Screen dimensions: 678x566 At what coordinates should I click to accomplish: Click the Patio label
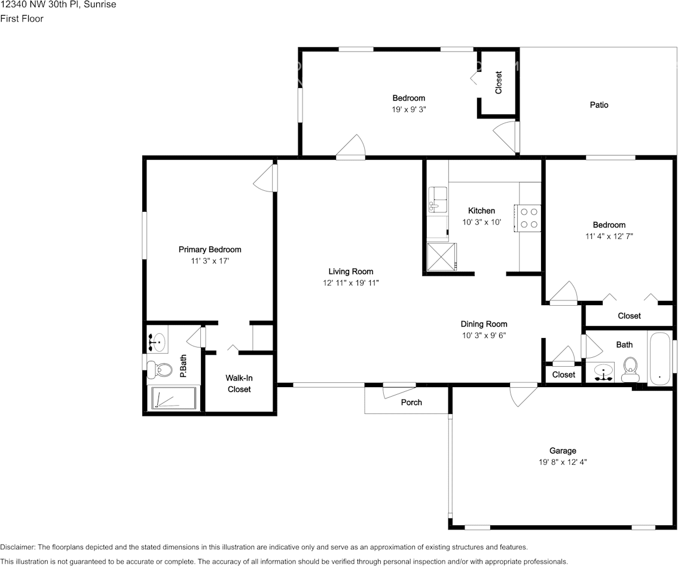pyautogui.click(x=599, y=105)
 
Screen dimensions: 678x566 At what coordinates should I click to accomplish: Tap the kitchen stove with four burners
pyautogui.click(x=527, y=218)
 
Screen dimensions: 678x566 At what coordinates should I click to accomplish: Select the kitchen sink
pyautogui.click(x=438, y=199)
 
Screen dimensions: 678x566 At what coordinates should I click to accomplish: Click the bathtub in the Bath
pyautogui.click(x=659, y=358)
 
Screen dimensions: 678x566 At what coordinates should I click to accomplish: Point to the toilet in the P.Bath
pyautogui.click(x=158, y=369)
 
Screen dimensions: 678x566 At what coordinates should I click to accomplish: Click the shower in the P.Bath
pyautogui.click(x=172, y=398)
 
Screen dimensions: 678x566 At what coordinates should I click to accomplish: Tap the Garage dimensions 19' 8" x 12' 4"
pyautogui.click(x=563, y=462)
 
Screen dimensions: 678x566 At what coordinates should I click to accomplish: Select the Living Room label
pyautogui.click(x=351, y=271)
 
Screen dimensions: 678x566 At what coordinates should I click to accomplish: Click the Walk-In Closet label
pyautogui.click(x=239, y=384)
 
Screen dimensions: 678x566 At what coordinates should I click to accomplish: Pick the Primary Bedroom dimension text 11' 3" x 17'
pyautogui.click(x=210, y=261)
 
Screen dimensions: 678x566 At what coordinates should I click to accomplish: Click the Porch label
pyautogui.click(x=411, y=403)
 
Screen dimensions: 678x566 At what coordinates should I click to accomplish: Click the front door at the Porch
pyautogui.click(x=399, y=390)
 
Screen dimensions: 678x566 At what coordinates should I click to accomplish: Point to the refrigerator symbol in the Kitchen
pyautogui.click(x=442, y=257)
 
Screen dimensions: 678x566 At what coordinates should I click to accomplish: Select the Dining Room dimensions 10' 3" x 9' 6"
pyautogui.click(x=484, y=336)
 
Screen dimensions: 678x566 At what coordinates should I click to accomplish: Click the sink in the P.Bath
pyautogui.click(x=157, y=342)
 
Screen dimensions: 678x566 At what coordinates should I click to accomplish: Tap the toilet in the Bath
pyautogui.click(x=630, y=369)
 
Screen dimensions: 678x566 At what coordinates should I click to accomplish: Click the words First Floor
pyautogui.click(x=22, y=19)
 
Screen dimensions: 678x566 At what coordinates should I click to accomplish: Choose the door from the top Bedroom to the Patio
pyautogui.click(x=506, y=136)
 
